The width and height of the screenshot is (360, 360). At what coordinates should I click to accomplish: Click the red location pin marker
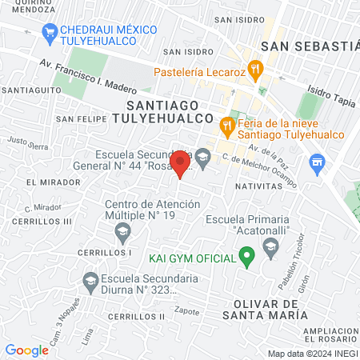(181, 163)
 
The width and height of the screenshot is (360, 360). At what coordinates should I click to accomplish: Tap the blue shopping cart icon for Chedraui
(50, 32)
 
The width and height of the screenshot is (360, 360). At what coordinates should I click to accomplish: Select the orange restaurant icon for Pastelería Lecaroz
(255, 70)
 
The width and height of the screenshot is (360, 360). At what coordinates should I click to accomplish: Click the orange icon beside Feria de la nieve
(227, 125)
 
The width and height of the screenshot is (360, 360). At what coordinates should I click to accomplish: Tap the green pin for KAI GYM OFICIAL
(247, 258)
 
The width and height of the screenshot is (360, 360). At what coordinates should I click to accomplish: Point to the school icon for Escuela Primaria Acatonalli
(270, 245)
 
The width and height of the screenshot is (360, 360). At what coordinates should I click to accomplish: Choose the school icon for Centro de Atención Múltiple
(122, 234)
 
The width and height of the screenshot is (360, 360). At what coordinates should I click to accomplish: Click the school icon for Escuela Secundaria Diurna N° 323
(90, 281)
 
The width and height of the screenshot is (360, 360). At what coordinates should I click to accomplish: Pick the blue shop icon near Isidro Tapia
(318, 166)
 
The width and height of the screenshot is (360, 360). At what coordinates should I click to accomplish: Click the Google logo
(26, 350)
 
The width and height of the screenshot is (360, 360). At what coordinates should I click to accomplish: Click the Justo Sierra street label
(28, 143)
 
